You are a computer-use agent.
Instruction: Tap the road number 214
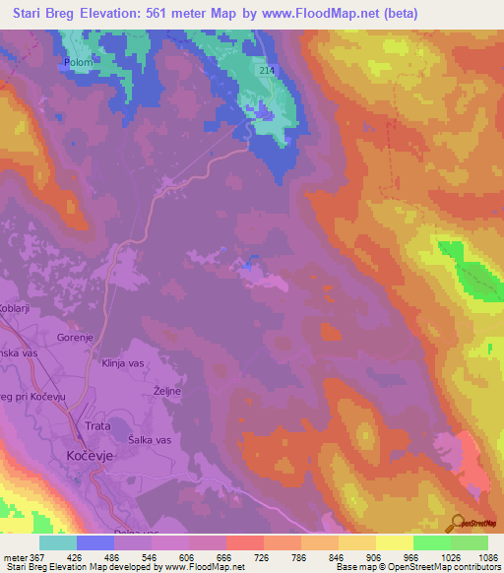point(268,71)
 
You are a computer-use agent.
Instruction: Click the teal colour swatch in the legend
point(58,542)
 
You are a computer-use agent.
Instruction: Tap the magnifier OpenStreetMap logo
point(457,522)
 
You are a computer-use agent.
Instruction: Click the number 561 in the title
point(183,14)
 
